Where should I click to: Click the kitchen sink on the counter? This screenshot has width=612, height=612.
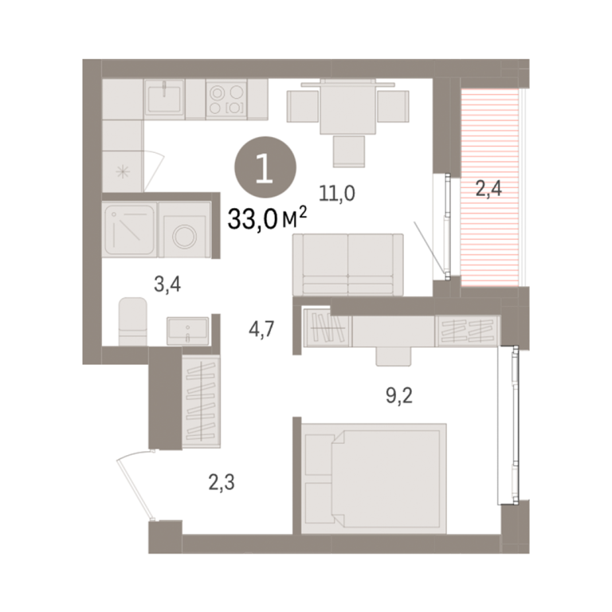pos(164,99)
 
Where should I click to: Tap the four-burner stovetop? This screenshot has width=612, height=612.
pos(226,99)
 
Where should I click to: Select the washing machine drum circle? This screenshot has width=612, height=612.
pos(184,237)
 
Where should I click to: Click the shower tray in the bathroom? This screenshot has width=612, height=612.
pos(130,229)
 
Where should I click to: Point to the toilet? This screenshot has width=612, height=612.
pos(133,322)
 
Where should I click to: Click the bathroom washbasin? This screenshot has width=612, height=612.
pos(188,331)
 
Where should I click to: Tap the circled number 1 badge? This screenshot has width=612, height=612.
pos(265,167)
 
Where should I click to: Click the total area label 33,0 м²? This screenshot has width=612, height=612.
pos(268,218)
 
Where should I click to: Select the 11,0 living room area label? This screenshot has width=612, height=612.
pos(337,193)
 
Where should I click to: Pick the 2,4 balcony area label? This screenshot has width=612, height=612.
pos(488,189)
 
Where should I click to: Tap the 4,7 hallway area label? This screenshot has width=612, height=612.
pos(262,329)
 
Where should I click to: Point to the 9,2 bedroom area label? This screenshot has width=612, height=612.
pos(399,396)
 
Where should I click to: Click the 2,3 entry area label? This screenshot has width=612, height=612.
pos(222,482)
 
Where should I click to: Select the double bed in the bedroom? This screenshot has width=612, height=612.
pos(374,478)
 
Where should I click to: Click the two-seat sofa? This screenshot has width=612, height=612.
pos(348,265)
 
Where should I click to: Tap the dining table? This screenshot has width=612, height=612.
pos(348,106)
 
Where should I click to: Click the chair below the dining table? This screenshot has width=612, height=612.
pos(349,151)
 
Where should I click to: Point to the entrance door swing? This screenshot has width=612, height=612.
pos(134,484)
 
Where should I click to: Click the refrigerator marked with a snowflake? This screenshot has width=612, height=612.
pos(123,172)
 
